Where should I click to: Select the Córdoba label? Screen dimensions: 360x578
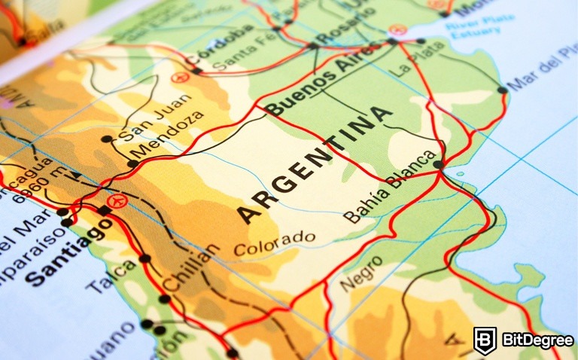pyautogui.click(x=219, y=47)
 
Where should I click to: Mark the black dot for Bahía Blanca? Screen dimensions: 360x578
pyautogui.click(x=439, y=163)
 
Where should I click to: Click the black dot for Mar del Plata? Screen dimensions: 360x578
pyautogui.click(x=502, y=90)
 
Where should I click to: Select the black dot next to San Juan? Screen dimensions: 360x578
pyautogui.click(x=106, y=139)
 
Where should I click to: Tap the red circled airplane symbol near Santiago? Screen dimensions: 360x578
pyautogui.click(x=116, y=201)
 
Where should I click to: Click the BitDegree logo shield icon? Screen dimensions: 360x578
pyautogui.click(x=485, y=340)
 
